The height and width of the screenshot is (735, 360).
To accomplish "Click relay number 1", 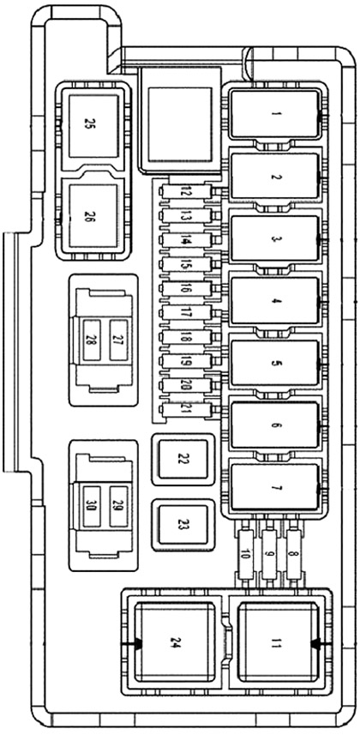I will pos(274,114).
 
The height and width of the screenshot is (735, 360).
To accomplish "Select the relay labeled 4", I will pos(274,301).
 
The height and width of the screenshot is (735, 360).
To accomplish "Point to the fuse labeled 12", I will pos(186,194).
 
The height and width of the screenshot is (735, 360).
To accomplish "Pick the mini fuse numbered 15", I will pos(186,266).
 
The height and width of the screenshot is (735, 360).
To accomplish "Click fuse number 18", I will pos(186,337).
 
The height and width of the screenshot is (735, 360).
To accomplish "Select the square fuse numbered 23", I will pos(182,525).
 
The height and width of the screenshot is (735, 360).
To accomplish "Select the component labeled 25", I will pos(89,124).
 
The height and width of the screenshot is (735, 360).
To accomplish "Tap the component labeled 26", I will pos(89,216).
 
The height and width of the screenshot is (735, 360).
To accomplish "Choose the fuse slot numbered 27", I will pos(118,340).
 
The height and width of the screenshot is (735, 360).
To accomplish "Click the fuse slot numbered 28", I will pos(91,340).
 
